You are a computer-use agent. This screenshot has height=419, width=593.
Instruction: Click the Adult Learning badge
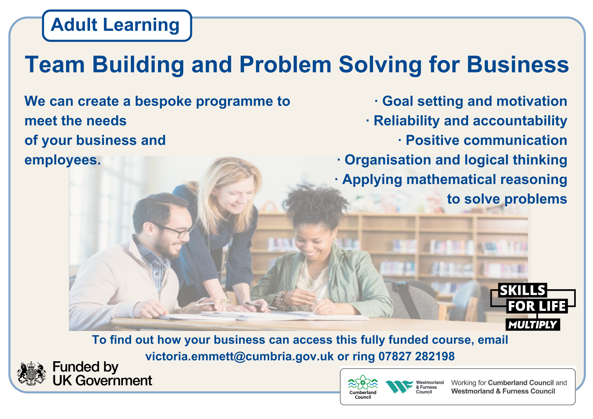pyautogui.click(x=117, y=25)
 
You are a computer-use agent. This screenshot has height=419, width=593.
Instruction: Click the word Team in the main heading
pyautogui.click(x=55, y=64)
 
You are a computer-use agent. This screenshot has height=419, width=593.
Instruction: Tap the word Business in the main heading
pyautogui.click(x=518, y=64)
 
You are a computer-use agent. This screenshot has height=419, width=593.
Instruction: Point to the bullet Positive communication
pyautogui.click(x=483, y=140)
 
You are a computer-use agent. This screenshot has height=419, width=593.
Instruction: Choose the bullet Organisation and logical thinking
pyautogui.click(x=452, y=160)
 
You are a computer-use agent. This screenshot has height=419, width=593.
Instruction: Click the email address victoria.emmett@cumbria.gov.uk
pyautogui.click(x=240, y=356)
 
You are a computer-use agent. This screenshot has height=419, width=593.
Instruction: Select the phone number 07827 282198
pyautogui.click(x=417, y=356)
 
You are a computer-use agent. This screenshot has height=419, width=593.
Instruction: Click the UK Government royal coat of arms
pyautogui.click(x=31, y=373)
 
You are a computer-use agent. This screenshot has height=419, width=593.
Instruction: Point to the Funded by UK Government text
pyautogui.click(x=102, y=373)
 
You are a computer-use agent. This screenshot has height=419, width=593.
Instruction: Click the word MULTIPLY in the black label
pyautogui.click(x=533, y=325)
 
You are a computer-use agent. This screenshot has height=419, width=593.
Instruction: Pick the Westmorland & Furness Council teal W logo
pyautogui.click(x=399, y=387)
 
